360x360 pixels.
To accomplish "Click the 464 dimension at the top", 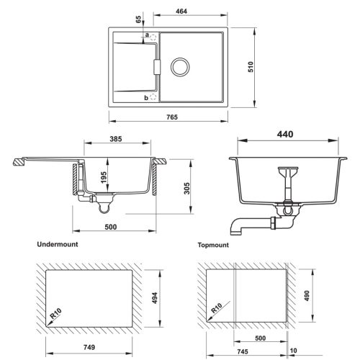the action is point(181,11).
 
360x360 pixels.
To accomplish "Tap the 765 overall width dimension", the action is point(172,117).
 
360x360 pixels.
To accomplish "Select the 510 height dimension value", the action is point(251,67).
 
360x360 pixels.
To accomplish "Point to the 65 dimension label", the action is point(138,19).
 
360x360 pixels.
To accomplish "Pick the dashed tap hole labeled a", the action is point(153,37).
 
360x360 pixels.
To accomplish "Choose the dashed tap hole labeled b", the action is point(153,97).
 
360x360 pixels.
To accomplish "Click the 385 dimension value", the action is point(116,139).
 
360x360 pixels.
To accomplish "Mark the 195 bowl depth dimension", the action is point(104,177).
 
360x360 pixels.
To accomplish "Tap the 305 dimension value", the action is point(187,189).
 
